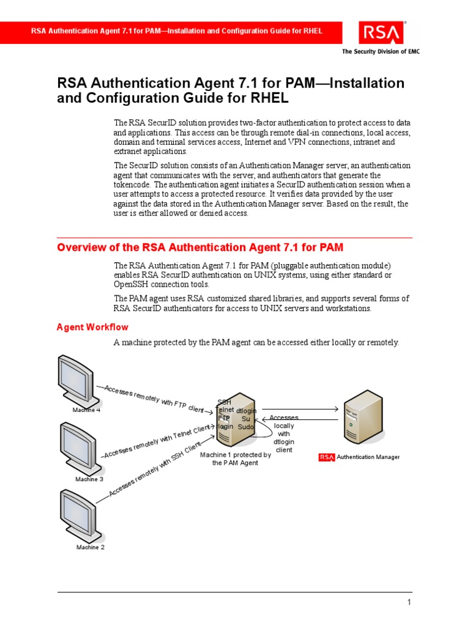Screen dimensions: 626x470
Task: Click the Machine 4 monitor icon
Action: coord(76,379)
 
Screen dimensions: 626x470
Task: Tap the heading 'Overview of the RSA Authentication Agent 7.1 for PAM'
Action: coord(200,247)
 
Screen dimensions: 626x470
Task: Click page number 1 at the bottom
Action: coord(409,603)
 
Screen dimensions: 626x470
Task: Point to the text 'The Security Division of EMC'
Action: coord(380,51)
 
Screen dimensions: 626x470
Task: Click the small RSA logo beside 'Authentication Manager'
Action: coord(327,457)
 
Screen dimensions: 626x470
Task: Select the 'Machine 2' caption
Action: coord(91,547)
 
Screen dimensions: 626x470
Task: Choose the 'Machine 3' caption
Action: coord(89,479)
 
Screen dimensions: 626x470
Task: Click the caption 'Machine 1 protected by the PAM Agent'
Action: coord(236,458)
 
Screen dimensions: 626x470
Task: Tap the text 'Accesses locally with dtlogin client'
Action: coord(283,433)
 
